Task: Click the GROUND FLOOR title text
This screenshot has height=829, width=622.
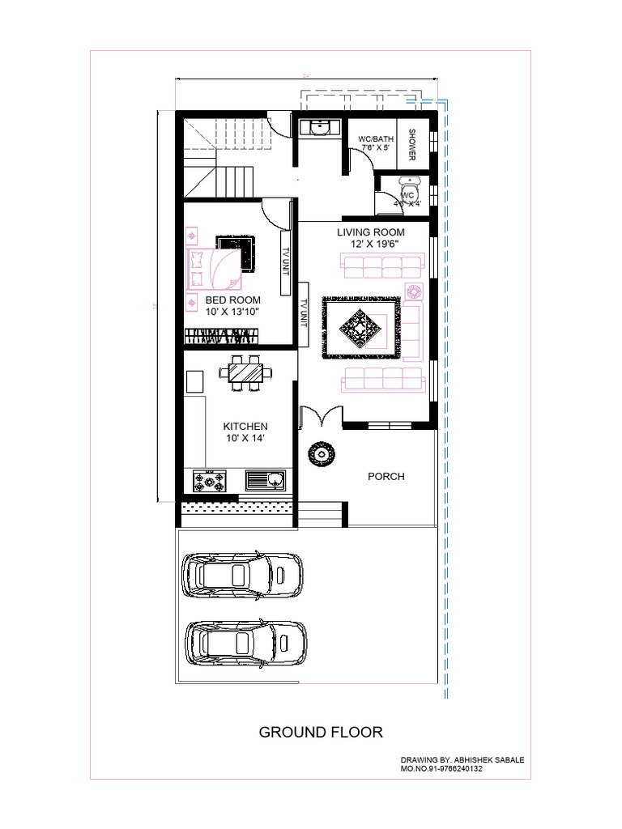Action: pyautogui.click(x=321, y=733)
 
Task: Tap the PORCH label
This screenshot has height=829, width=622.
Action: pyautogui.click(x=386, y=476)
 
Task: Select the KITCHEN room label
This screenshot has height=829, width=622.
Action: pyautogui.click(x=245, y=426)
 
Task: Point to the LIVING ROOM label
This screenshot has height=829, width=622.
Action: pyautogui.click(x=371, y=232)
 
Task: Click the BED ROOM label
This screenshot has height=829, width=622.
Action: pyautogui.click(x=233, y=300)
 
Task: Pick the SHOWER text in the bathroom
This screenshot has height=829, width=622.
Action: pyautogui.click(x=412, y=145)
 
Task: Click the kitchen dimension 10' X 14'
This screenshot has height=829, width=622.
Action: pyautogui.click(x=246, y=438)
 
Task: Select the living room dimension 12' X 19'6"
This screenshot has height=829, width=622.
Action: pyautogui.click(x=372, y=244)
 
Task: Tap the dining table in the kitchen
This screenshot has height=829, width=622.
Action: pyautogui.click(x=245, y=372)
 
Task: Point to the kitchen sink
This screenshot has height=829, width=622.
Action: pyautogui.click(x=266, y=481)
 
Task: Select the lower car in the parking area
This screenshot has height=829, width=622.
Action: pyautogui.click(x=245, y=643)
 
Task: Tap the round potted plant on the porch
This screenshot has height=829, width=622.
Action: pyautogui.click(x=322, y=454)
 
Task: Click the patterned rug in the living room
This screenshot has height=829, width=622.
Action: pyautogui.click(x=362, y=326)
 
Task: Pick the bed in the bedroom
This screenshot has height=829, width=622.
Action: pyautogui.click(x=212, y=269)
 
